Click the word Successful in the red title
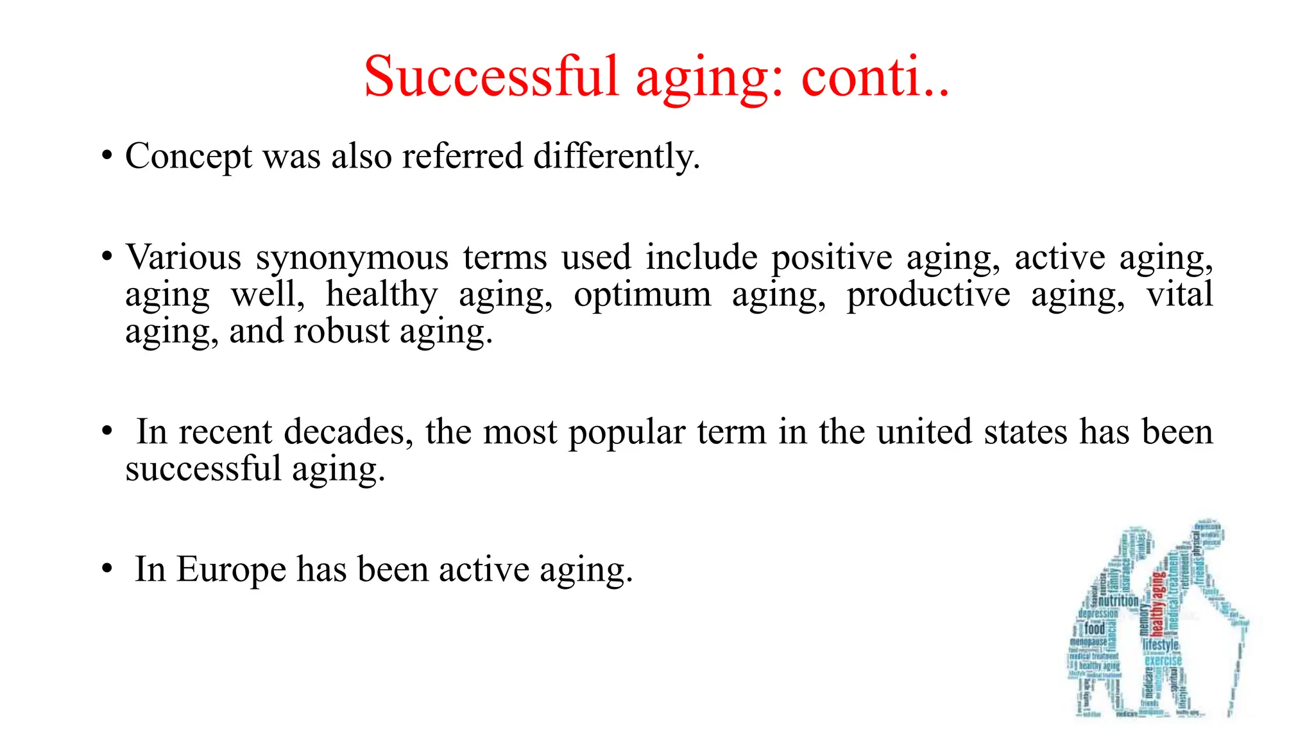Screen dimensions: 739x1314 point(491,77)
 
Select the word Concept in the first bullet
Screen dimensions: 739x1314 point(189,157)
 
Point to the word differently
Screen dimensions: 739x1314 point(617,157)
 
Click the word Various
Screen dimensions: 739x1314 point(183,258)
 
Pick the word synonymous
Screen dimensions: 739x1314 point(352,258)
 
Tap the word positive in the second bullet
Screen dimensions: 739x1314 point(831,258)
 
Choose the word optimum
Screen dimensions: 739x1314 point(642,295)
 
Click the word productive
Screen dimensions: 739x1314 point(928,295)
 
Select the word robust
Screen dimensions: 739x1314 point(341,332)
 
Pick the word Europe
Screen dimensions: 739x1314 point(231,570)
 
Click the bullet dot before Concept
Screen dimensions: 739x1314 point(107,157)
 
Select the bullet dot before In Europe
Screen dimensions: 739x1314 point(107,570)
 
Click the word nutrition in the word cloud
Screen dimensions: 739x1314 point(1118,601)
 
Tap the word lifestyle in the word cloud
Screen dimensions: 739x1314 point(1161,644)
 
